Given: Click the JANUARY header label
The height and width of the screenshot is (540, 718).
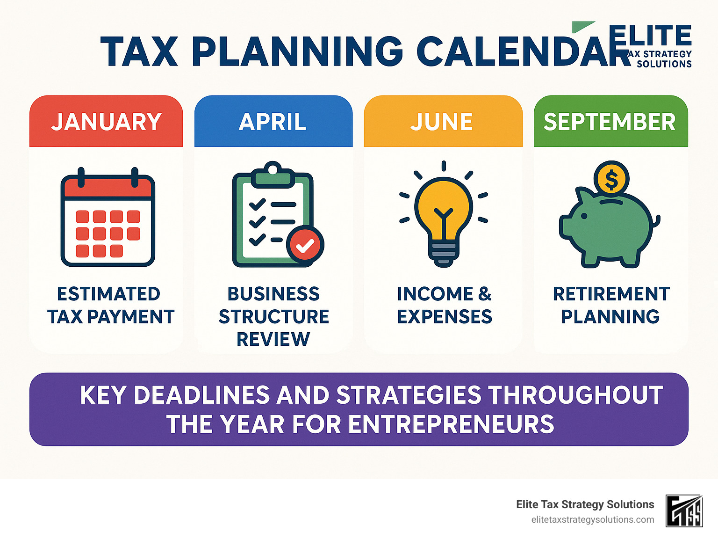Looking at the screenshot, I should (106, 122).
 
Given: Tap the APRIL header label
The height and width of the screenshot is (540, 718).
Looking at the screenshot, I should (273, 122).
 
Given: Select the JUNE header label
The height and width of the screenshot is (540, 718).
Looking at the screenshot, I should (442, 122).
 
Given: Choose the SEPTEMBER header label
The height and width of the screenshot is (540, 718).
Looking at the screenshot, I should (610, 122).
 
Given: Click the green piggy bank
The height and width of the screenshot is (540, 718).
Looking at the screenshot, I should (608, 229).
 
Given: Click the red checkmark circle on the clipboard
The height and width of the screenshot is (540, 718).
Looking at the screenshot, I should (305, 245).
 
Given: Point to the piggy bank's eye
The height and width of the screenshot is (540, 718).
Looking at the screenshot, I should (584, 216).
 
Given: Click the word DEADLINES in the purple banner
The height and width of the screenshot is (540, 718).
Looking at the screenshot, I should (201, 395).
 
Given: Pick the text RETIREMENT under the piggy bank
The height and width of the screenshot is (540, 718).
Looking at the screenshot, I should (611, 294).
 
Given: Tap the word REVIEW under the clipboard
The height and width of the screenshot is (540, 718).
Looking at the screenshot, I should (273, 339).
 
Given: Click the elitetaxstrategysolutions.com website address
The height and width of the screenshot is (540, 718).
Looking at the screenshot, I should (592, 519).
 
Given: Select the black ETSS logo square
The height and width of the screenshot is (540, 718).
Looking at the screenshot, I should (684, 511).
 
